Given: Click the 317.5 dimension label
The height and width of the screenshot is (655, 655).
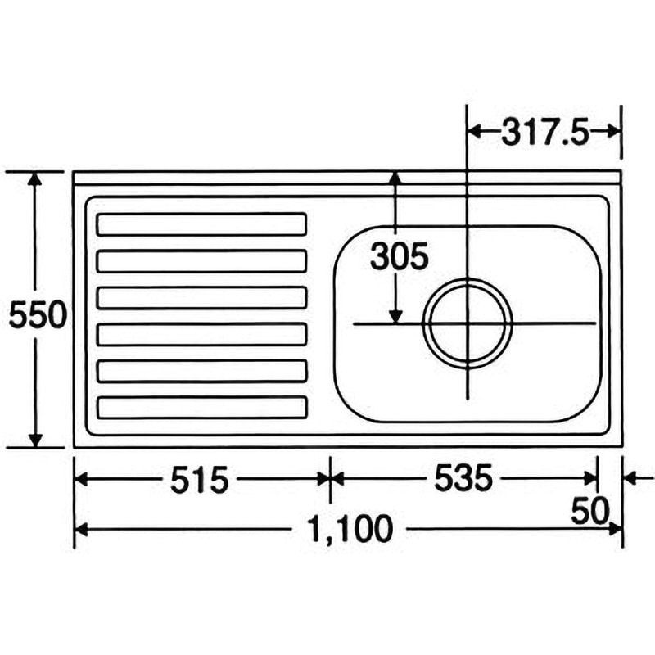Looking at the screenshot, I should click(x=545, y=133).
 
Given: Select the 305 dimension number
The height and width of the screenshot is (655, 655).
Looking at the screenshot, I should click(x=399, y=258).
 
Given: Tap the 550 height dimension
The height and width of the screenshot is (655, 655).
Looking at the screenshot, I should click(x=37, y=314).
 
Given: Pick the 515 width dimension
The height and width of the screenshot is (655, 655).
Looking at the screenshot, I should click(x=198, y=480).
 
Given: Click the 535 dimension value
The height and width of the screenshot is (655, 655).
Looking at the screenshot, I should click(x=463, y=480).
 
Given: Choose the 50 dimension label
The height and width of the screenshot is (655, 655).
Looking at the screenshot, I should click(x=590, y=513).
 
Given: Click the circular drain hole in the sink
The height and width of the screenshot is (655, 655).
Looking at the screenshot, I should click(x=468, y=323).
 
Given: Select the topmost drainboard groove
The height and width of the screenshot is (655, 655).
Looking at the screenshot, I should click(x=201, y=224).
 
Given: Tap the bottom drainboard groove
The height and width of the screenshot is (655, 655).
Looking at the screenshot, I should click(x=201, y=407).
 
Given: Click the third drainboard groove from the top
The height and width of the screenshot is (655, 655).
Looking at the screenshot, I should click(x=201, y=297).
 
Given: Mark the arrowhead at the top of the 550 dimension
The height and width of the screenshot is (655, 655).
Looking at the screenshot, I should click(x=35, y=179).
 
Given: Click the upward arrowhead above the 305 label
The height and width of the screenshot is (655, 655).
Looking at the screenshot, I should click(x=395, y=178).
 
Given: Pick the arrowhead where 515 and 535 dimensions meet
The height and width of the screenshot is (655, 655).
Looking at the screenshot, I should click(x=330, y=480).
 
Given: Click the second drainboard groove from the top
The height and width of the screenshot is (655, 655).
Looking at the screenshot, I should click(x=201, y=260).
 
